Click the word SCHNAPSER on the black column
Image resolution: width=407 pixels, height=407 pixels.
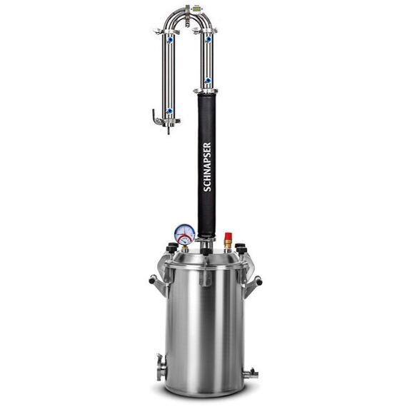(x=207, y=167)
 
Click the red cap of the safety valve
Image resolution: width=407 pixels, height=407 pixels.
(x=228, y=236)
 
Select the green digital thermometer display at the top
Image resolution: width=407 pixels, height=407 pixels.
(x=196, y=9)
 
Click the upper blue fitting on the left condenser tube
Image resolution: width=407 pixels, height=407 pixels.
(x=170, y=40)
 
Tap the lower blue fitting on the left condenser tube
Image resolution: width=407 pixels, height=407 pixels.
(x=169, y=111)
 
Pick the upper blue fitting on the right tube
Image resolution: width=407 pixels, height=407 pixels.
(x=208, y=39)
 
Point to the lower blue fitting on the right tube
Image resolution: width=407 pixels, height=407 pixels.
(x=208, y=80)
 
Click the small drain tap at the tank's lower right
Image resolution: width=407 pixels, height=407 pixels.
(x=250, y=373)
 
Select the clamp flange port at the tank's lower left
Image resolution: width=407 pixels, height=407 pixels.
(x=161, y=367)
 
